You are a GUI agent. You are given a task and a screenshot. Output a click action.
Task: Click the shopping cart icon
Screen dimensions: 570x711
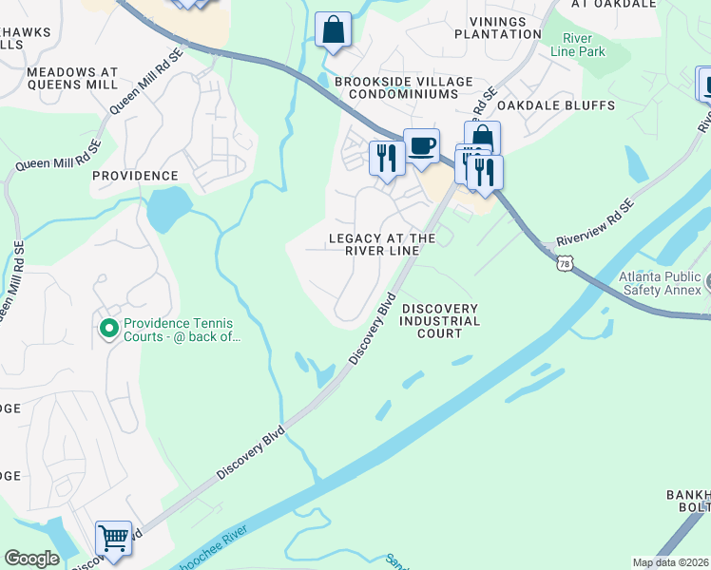(113, 538)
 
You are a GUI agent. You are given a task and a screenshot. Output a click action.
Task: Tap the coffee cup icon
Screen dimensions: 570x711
(421, 146)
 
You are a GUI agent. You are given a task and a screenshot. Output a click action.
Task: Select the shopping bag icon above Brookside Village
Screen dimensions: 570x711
(333, 30)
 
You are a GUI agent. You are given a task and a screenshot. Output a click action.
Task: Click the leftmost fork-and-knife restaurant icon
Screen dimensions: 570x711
(386, 157)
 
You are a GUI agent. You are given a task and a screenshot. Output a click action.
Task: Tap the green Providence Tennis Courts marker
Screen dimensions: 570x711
(108, 330)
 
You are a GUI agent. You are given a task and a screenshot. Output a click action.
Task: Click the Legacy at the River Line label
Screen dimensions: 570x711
(382, 245)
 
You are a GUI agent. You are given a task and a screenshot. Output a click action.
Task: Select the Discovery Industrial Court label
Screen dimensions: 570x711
(439, 321)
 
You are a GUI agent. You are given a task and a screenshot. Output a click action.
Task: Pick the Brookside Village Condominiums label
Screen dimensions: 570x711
(403, 88)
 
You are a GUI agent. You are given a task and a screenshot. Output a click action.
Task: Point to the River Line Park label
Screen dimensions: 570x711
(583, 45)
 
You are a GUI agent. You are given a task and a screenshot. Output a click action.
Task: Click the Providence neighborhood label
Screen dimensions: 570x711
(135, 176)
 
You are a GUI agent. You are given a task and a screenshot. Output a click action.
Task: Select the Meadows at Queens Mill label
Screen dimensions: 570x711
(72, 78)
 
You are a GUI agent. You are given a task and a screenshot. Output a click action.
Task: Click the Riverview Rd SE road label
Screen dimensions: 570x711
(595, 221)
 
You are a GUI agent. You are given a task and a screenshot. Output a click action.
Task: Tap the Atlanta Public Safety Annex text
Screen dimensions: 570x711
(658, 284)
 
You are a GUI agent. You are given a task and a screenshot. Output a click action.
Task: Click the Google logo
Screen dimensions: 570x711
(31, 559)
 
